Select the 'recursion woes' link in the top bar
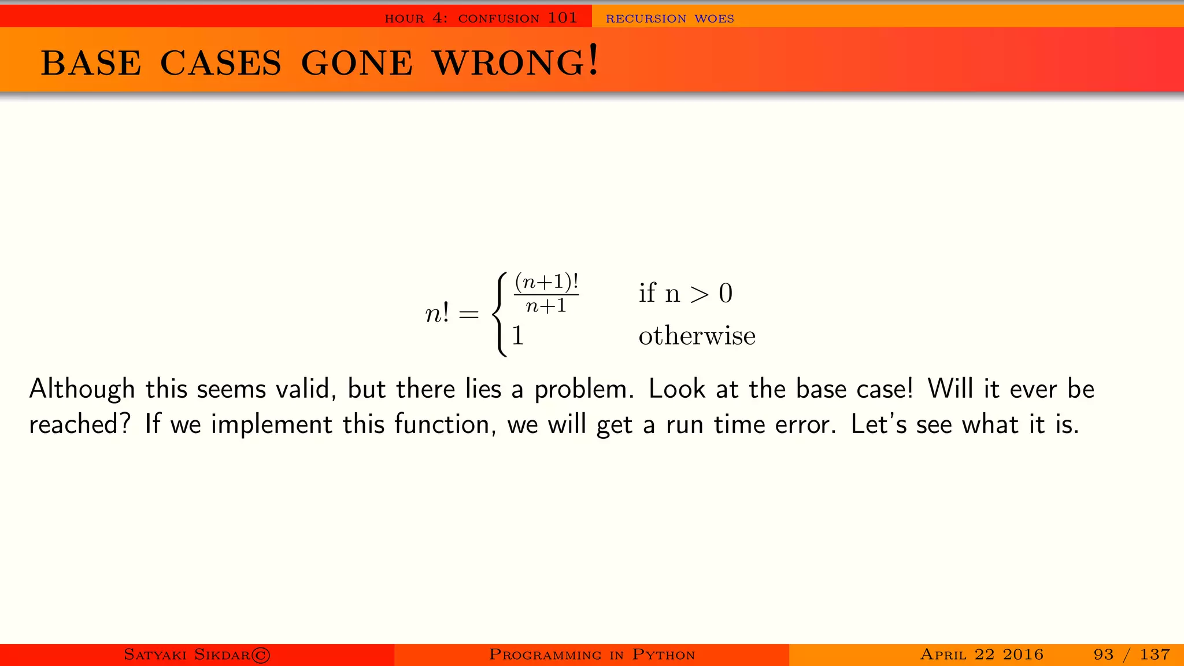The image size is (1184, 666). tap(669, 18)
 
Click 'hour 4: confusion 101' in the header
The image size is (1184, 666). tap(481, 18)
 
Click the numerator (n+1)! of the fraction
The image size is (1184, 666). tap(546, 282)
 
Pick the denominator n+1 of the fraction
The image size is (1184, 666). tap(546, 305)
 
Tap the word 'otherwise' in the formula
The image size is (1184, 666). tap(697, 336)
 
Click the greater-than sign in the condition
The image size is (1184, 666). tap(700, 294)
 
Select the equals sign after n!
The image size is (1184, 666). tap(468, 314)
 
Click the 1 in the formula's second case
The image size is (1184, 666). tap(517, 336)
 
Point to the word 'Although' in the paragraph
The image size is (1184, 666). tap(82, 389)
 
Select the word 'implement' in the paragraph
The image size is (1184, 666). tap(271, 425)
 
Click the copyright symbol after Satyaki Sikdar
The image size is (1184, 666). tap(261, 654)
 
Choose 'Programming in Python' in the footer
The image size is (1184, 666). tap(591, 654)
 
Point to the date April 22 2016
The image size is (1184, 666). tap(982, 654)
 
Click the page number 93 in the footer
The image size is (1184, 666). tap(1103, 654)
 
